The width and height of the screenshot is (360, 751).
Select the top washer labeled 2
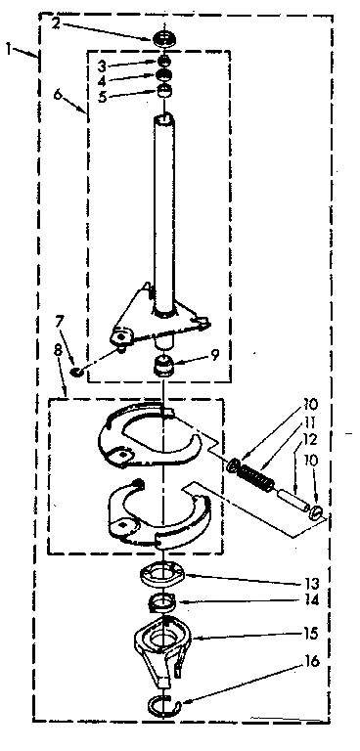coord(164,39)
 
